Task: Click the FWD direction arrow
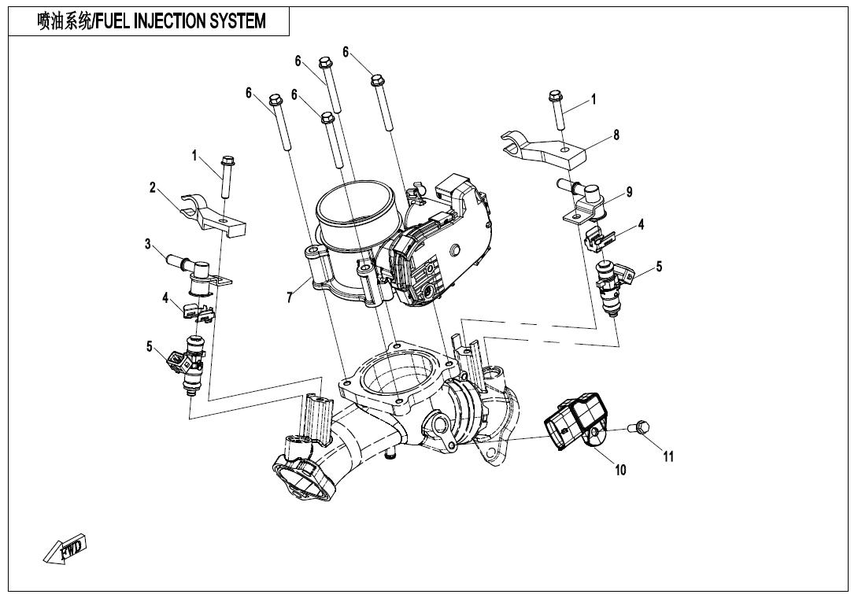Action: pos(65,550)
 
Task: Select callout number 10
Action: pos(620,471)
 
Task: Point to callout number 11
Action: pos(668,456)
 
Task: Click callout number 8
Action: pos(616,135)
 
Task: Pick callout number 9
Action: pos(628,192)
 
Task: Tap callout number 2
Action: pos(153,187)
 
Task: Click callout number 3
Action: pos(147,244)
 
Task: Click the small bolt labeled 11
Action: pos(639,427)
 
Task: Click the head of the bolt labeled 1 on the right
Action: pos(553,98)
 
